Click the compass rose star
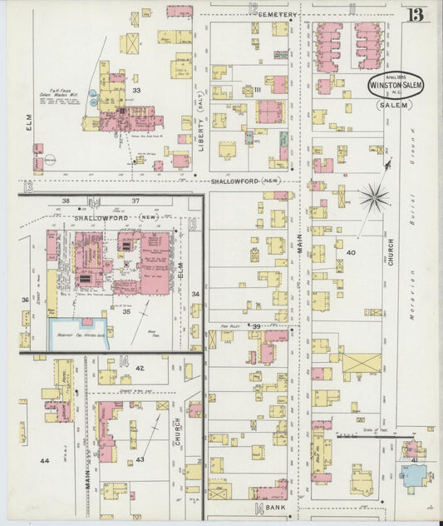[375, 197]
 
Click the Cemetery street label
[277, 15]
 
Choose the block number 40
[351, 252]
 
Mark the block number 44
[44, 459]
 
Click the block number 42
[140, 367]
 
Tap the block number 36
[25, 300]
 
